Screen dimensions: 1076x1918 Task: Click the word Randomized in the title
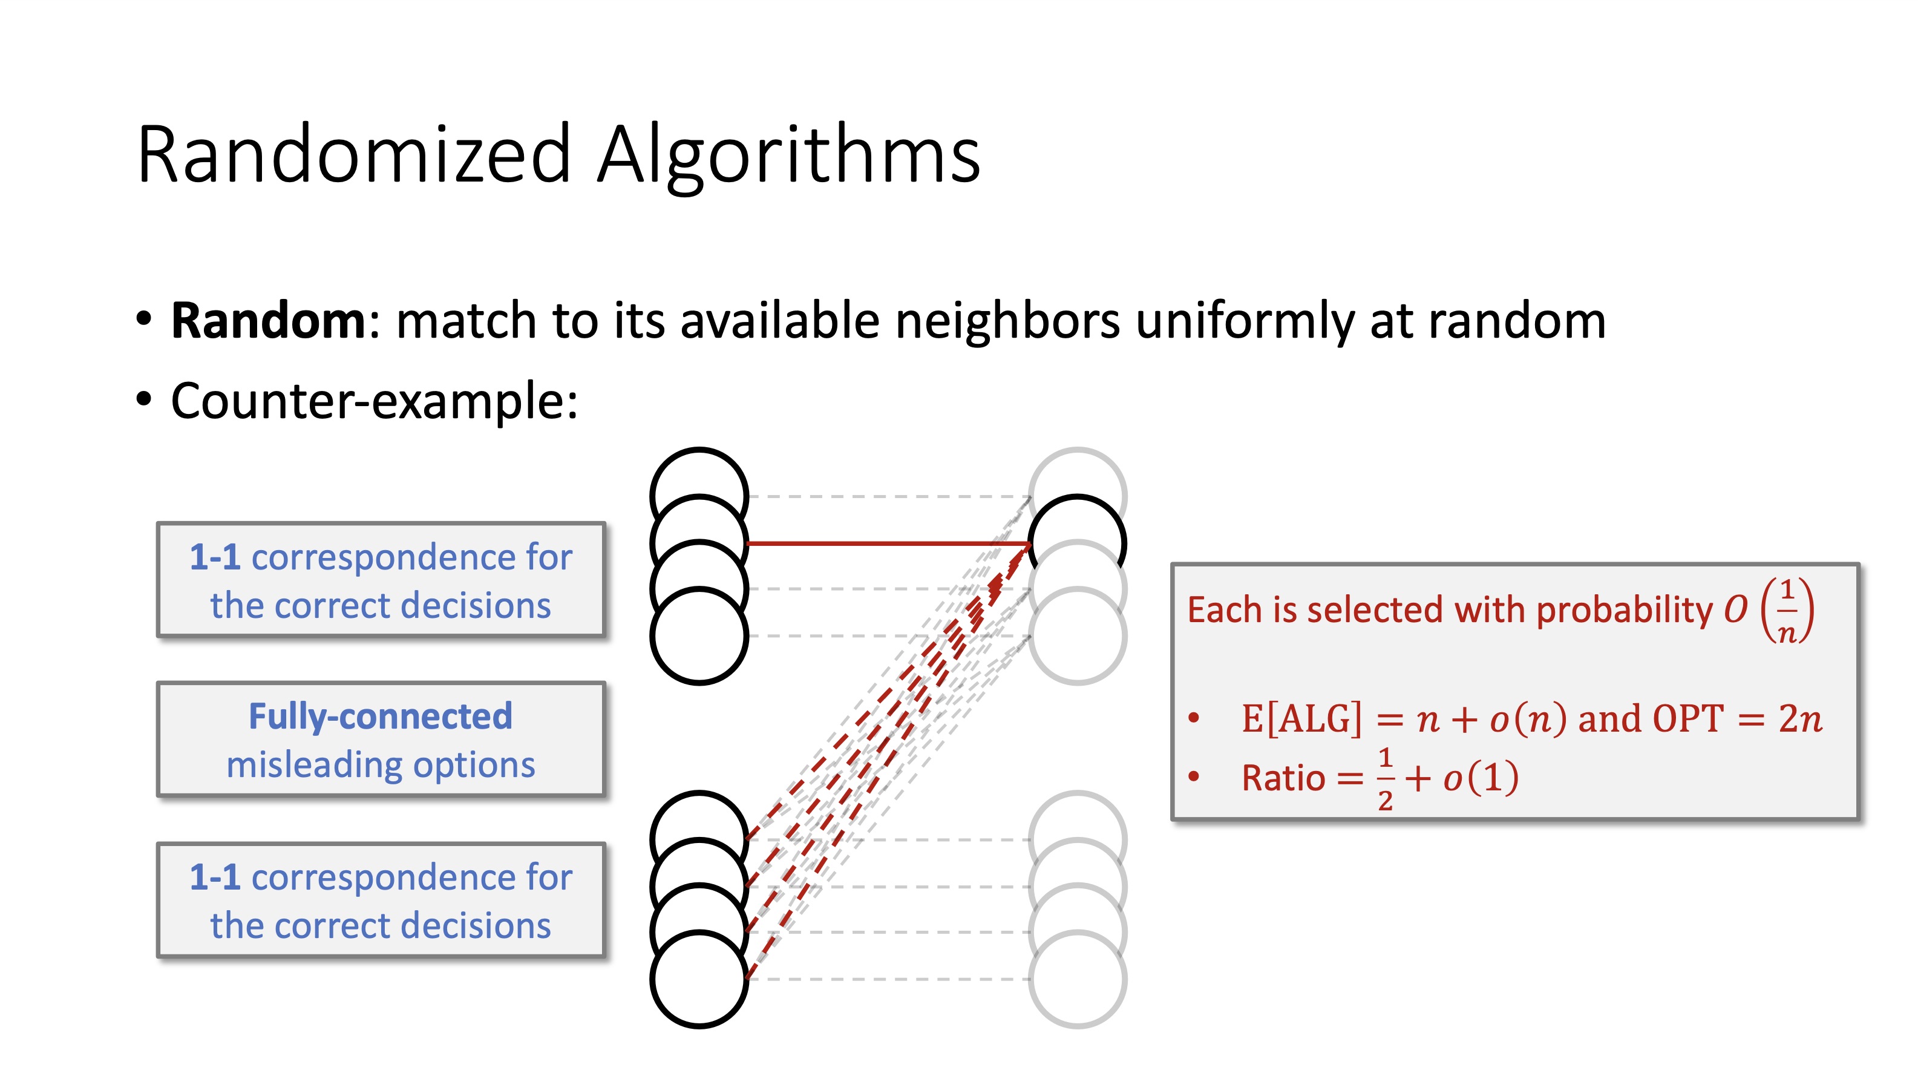354,154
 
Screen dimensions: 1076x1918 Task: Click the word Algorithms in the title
789,154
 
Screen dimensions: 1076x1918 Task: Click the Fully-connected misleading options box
381,740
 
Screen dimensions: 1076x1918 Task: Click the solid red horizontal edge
886,543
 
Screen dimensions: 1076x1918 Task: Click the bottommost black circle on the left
698,979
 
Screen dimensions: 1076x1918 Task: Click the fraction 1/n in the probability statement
1787,610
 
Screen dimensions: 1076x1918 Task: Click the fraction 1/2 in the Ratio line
1385,779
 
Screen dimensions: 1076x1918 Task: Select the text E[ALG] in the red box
1301,718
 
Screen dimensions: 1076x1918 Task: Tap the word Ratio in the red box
1283,779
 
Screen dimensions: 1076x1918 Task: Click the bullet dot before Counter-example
144,399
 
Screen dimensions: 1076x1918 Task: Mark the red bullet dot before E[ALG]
1194,718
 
